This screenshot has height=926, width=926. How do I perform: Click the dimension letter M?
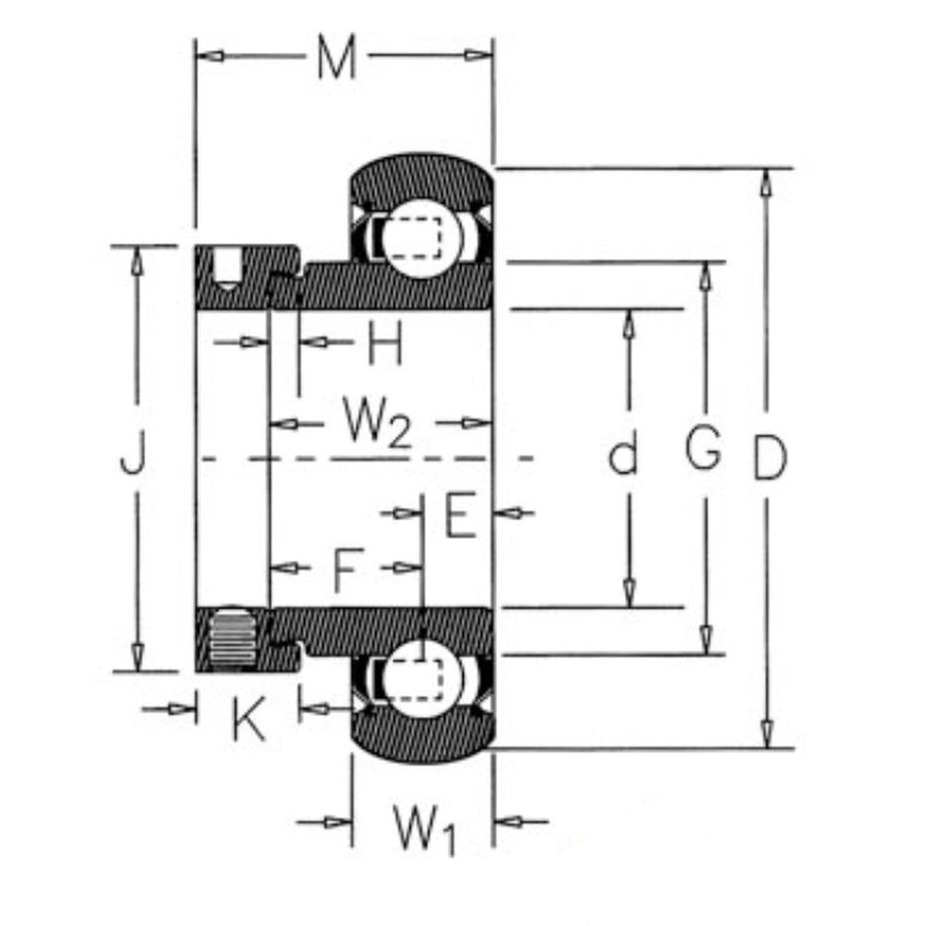click(337, 56)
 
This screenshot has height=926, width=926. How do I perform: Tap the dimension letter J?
click(133, 453)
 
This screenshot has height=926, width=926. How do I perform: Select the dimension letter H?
click(385, 342)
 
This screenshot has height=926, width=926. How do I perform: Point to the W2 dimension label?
click(376, 422)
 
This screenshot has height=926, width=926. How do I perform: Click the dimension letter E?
click(460, 514)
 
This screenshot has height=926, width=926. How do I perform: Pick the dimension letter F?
click(347, 569)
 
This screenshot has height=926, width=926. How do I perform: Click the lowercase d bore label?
click(622, 453)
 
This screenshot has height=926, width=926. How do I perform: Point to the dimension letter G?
click(703, 449)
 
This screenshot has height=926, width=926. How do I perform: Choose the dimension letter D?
click(770, 457)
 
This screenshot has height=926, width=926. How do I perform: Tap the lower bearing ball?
click(421, 679)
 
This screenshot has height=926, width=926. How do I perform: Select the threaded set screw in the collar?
click(231, 639)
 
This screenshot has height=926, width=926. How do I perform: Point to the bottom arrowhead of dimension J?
click(137, 657)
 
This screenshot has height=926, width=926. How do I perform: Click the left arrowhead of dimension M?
click(209, 56)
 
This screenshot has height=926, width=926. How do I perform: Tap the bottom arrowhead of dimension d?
click(630, 594)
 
